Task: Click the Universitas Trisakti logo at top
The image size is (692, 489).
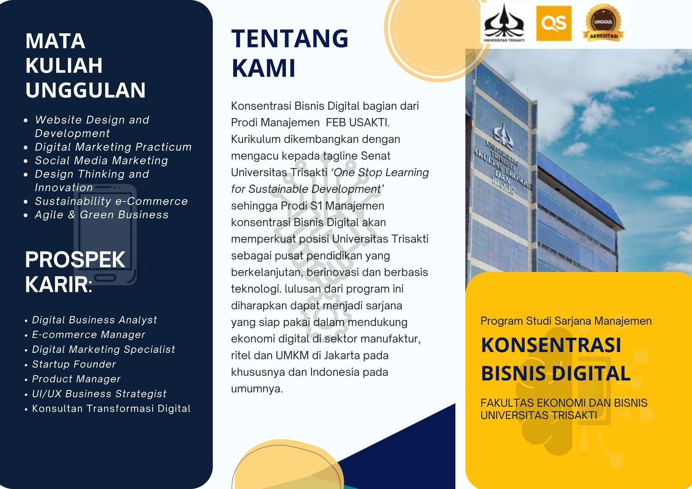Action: click(504, 23)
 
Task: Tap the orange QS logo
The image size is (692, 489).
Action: click(554, 23)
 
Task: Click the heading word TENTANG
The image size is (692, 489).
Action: click(290, 38)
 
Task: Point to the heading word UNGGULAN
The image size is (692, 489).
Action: click(85, 90)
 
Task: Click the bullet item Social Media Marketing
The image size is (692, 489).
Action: click(101, 160)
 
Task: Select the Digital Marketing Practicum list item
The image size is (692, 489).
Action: click(113, 147)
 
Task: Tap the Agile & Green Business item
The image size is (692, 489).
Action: click(102, 214)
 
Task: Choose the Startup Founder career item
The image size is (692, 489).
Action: click(74, 364)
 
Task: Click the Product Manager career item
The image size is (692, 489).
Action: click(76, 379)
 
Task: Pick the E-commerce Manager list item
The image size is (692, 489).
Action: click(89, 335)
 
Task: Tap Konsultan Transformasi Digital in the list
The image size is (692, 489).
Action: click(111, 409)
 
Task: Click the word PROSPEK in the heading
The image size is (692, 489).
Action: click(75, 259)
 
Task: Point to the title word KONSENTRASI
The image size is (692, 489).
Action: click(551, 345)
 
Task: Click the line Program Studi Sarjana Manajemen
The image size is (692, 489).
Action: click(566, 321)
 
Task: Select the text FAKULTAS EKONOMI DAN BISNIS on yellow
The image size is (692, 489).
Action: click(564, 403)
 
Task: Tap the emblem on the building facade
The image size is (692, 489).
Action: click(503, 135)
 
